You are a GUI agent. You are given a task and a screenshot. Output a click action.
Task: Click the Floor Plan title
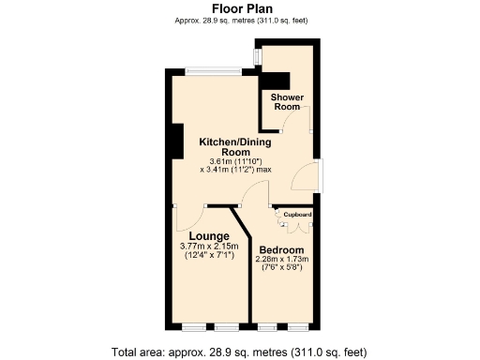tap(241, 8)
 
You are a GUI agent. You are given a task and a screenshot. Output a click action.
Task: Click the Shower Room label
tap(287, 102)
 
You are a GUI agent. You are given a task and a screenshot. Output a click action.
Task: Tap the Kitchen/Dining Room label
tap(235, 146)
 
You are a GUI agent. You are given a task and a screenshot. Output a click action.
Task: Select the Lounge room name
tap(209, 235)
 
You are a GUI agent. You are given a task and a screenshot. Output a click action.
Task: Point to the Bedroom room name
tap(282, 250)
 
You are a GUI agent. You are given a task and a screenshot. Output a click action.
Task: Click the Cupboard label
tap(298, 215)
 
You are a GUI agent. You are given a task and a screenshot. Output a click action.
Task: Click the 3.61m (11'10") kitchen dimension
tap(235, 161)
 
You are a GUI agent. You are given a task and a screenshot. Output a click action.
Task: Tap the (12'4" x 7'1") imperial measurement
tap(209, 255)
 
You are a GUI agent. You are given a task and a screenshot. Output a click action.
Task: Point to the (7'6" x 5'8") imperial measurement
tap(282, 269)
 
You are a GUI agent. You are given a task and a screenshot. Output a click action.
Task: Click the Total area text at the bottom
tap(240, 352)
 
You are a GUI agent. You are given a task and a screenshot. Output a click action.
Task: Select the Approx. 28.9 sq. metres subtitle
tap(241, 20)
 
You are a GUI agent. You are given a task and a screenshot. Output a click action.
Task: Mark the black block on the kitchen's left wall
tap(174, 142)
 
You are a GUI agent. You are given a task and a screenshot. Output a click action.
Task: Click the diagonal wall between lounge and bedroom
tap(242, 226)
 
